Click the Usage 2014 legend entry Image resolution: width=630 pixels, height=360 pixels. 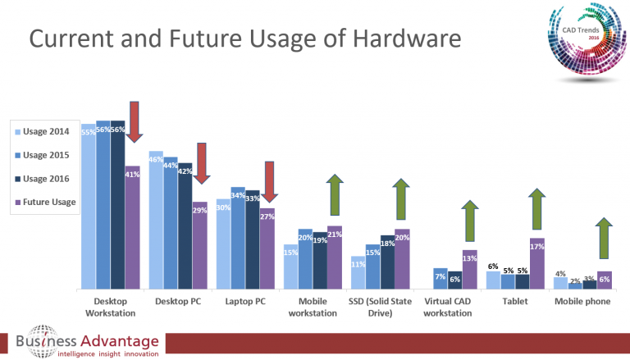[46, 131]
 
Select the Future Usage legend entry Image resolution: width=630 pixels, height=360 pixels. [46, 202]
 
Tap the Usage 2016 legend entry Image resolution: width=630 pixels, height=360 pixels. [46, 178]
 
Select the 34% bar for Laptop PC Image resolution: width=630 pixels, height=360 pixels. [238, 238]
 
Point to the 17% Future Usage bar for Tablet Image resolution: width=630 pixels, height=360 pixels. [537, 263]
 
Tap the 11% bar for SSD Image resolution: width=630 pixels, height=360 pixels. [358, 272]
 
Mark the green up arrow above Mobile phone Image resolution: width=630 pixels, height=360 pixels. [604, 239]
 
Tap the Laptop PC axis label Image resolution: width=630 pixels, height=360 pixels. [245, 302]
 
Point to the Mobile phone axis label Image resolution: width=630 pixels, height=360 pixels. [582, 302]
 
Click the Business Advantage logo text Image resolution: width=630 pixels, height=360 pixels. [85, 340]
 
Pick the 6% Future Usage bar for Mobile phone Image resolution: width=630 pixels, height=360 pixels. [605, 280]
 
